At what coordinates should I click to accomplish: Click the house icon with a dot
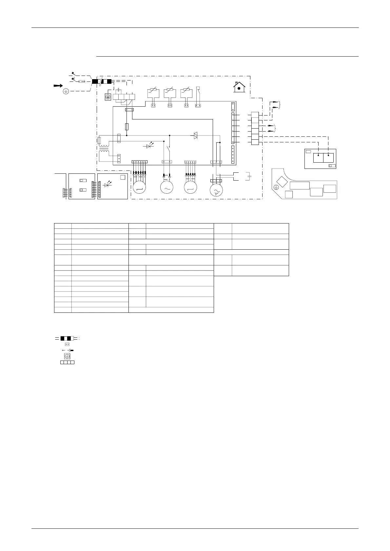click(239, 87)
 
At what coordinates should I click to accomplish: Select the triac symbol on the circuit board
click(196, 135)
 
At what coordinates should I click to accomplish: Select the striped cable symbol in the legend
click(67, 338)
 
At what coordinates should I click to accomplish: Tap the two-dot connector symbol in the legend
click(67, 345)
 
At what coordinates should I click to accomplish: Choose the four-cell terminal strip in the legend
click(67, 362)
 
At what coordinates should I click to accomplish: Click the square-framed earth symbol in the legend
click(67, 356)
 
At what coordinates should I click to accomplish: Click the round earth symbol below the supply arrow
click(66, 92)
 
